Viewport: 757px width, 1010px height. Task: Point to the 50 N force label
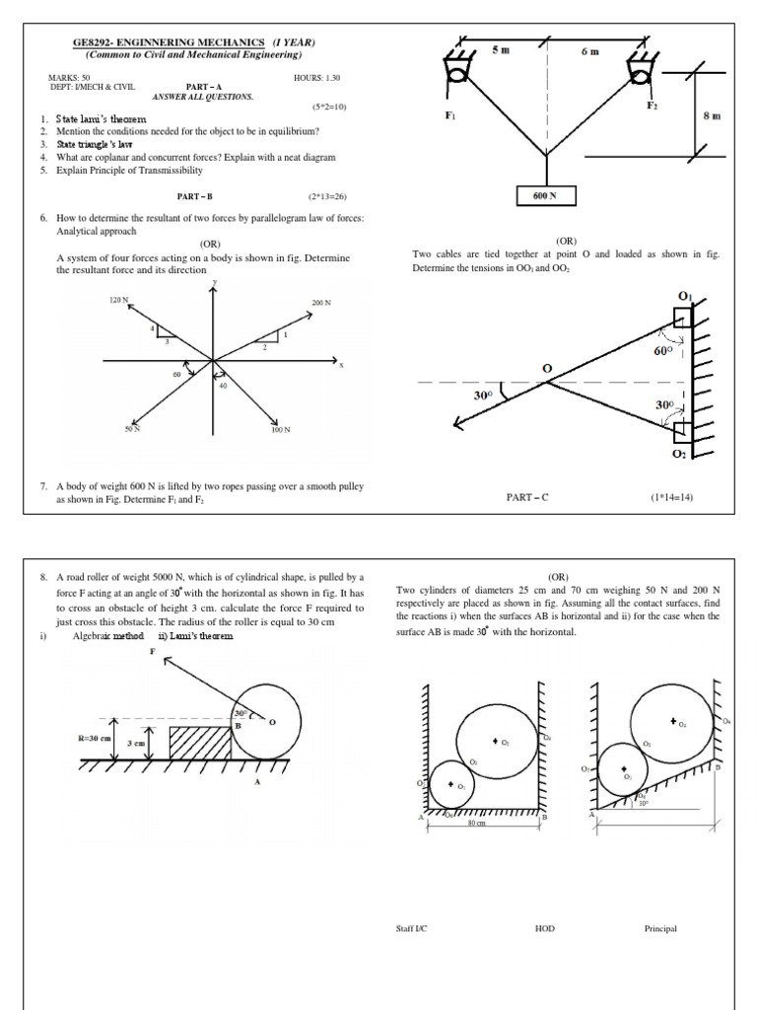tap(131, 430)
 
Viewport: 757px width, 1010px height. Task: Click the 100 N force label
tap(280, 430)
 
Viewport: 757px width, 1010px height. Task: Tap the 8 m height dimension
tap(711, 115)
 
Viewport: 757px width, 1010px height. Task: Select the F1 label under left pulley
tap(450, 115)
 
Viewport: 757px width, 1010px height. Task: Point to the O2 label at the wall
tap(679, 454)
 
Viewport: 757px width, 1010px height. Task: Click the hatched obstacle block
tap(200, 743)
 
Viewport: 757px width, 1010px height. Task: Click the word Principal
tap(659, 928)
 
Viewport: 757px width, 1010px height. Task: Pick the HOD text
tap(544, 928)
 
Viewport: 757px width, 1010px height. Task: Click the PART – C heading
tap(524, 498)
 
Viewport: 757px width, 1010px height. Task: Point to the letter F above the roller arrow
tap(152, 652)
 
